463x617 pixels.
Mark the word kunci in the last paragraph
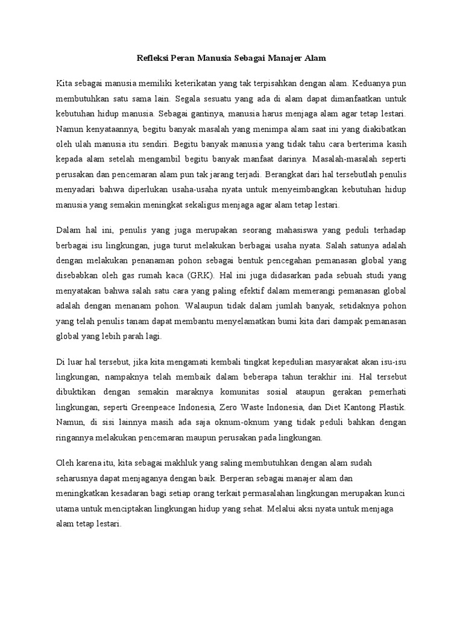[394, 493]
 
